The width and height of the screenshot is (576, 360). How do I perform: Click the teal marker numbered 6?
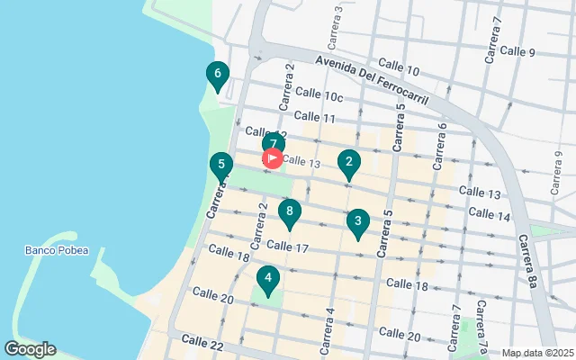coord(217,75)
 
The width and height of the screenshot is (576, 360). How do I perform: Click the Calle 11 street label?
coord(314,117)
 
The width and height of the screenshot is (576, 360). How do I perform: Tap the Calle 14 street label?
coord(490,214)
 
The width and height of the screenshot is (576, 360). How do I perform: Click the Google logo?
coord(30,349)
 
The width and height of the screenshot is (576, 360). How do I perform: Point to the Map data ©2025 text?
coord(536,353)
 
